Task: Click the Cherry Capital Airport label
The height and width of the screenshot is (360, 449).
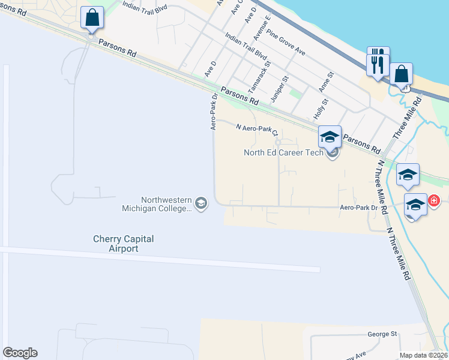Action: point(123,244)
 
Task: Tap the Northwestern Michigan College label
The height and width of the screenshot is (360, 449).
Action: point(166,205)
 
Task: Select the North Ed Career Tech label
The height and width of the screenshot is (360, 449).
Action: point(283,152)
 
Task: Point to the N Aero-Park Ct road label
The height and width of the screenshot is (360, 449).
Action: point(257,128)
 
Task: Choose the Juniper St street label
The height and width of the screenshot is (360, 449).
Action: point(281,88)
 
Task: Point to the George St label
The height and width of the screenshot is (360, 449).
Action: point(382,334)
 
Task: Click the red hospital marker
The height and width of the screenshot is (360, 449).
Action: point(433,200)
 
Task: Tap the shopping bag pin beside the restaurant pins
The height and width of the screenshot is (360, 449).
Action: point(401,74)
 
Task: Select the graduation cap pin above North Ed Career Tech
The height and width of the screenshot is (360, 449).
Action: point(330,137)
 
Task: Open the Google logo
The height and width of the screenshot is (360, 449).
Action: point(20,353)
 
